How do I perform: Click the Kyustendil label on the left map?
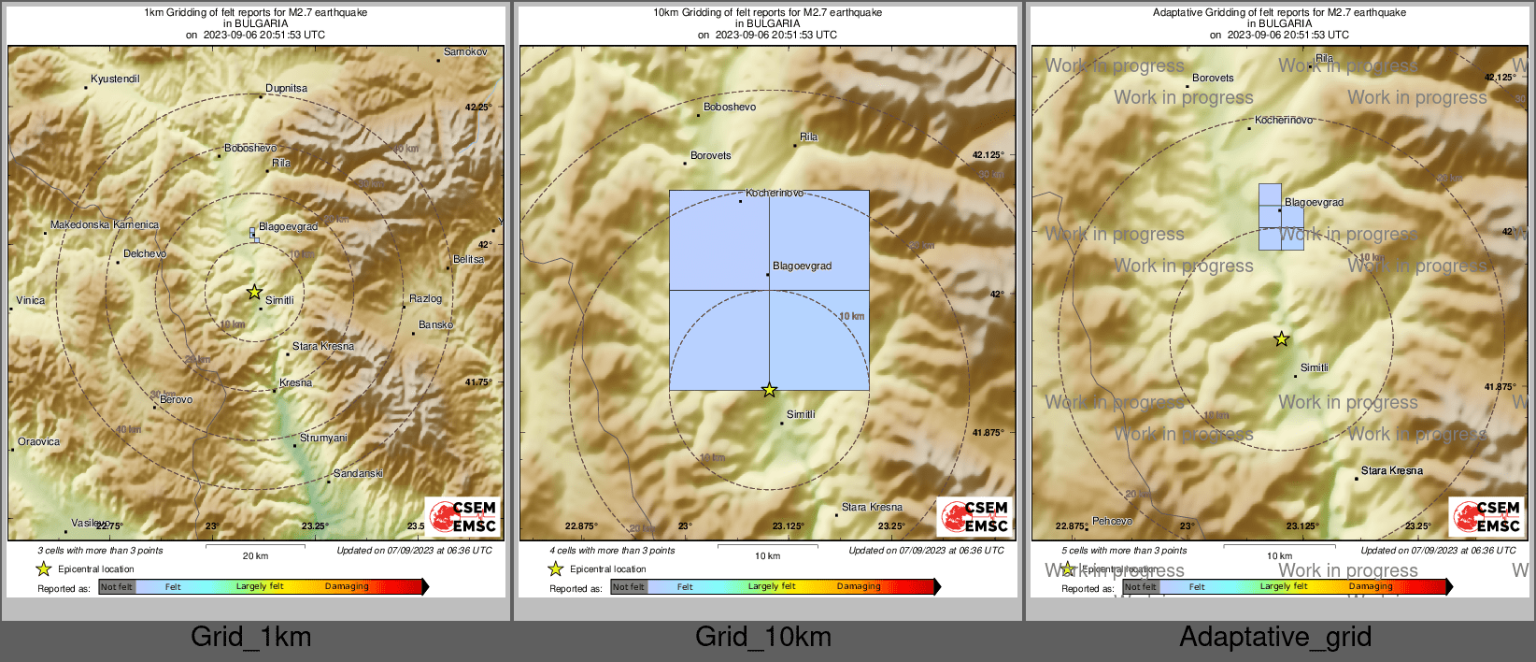click(115, 79)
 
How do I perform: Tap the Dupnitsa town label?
click(286, 89)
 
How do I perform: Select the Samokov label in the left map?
click(465, 52)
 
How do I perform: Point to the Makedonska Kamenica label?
click(105, 225)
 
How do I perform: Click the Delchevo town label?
click(145, 254)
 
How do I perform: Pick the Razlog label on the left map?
click(425, 299)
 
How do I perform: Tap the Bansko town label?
click(435, 325)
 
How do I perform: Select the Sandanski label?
click(358, 474)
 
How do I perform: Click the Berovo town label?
click(177, 400)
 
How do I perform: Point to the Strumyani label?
click(323, 439)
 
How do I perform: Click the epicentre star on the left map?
click(254, 292)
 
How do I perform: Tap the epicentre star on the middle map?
click(769, 390)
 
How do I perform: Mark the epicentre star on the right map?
click(1281, 339)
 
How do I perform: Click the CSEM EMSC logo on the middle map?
click(975, 516)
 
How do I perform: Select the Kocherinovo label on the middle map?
click(775, 194)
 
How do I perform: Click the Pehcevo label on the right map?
click(1112, 522)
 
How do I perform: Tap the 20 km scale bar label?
click(255, 556)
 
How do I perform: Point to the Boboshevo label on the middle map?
click(730, 108)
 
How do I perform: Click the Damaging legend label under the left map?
click(347, 587)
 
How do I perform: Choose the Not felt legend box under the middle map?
click(628, 587)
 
